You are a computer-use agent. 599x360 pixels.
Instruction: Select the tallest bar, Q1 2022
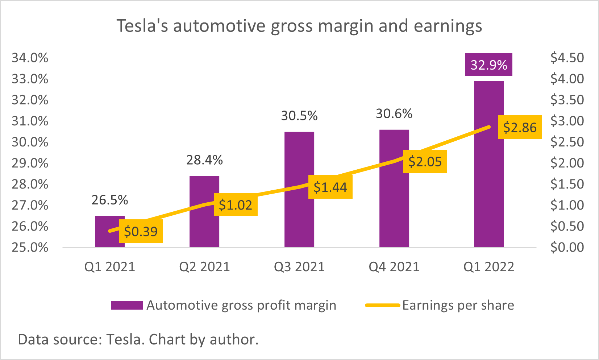489,181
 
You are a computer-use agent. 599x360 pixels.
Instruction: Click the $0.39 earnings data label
141,231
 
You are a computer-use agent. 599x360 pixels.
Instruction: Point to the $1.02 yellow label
236,205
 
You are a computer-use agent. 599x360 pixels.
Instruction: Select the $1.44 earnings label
330,187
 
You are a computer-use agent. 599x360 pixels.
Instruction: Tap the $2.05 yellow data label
425,161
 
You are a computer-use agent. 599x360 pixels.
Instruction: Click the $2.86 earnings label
520,127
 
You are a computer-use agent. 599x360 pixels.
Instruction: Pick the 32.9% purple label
489,65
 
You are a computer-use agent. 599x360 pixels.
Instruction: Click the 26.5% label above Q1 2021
110,200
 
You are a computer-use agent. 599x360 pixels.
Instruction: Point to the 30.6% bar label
394,114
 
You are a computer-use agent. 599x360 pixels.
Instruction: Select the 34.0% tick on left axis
30,58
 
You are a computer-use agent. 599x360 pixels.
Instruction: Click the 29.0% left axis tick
30,163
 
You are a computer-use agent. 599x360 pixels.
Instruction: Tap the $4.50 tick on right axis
567,58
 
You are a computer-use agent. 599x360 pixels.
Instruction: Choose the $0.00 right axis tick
567,247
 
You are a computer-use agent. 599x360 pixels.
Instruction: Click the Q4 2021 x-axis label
394,267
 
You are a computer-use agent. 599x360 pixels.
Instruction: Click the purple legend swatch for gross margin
126,305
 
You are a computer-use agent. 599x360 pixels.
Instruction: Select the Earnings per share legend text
458,305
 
